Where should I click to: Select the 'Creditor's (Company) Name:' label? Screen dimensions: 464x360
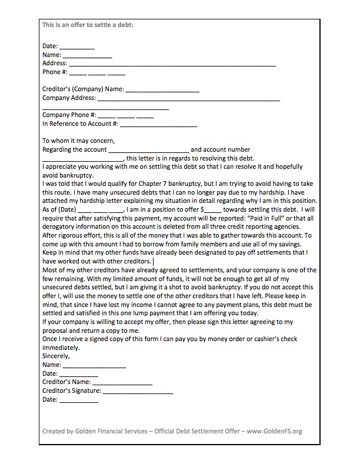82,89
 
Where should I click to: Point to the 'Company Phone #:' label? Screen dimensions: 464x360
69,115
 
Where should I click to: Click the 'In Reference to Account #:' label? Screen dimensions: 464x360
80,124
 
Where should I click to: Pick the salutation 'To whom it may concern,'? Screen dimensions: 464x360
79,141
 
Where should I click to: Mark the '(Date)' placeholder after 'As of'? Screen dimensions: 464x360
66,209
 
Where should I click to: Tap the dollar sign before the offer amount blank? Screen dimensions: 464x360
202,209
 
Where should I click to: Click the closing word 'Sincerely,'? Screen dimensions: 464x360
56,356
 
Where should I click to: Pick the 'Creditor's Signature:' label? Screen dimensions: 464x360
72,390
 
